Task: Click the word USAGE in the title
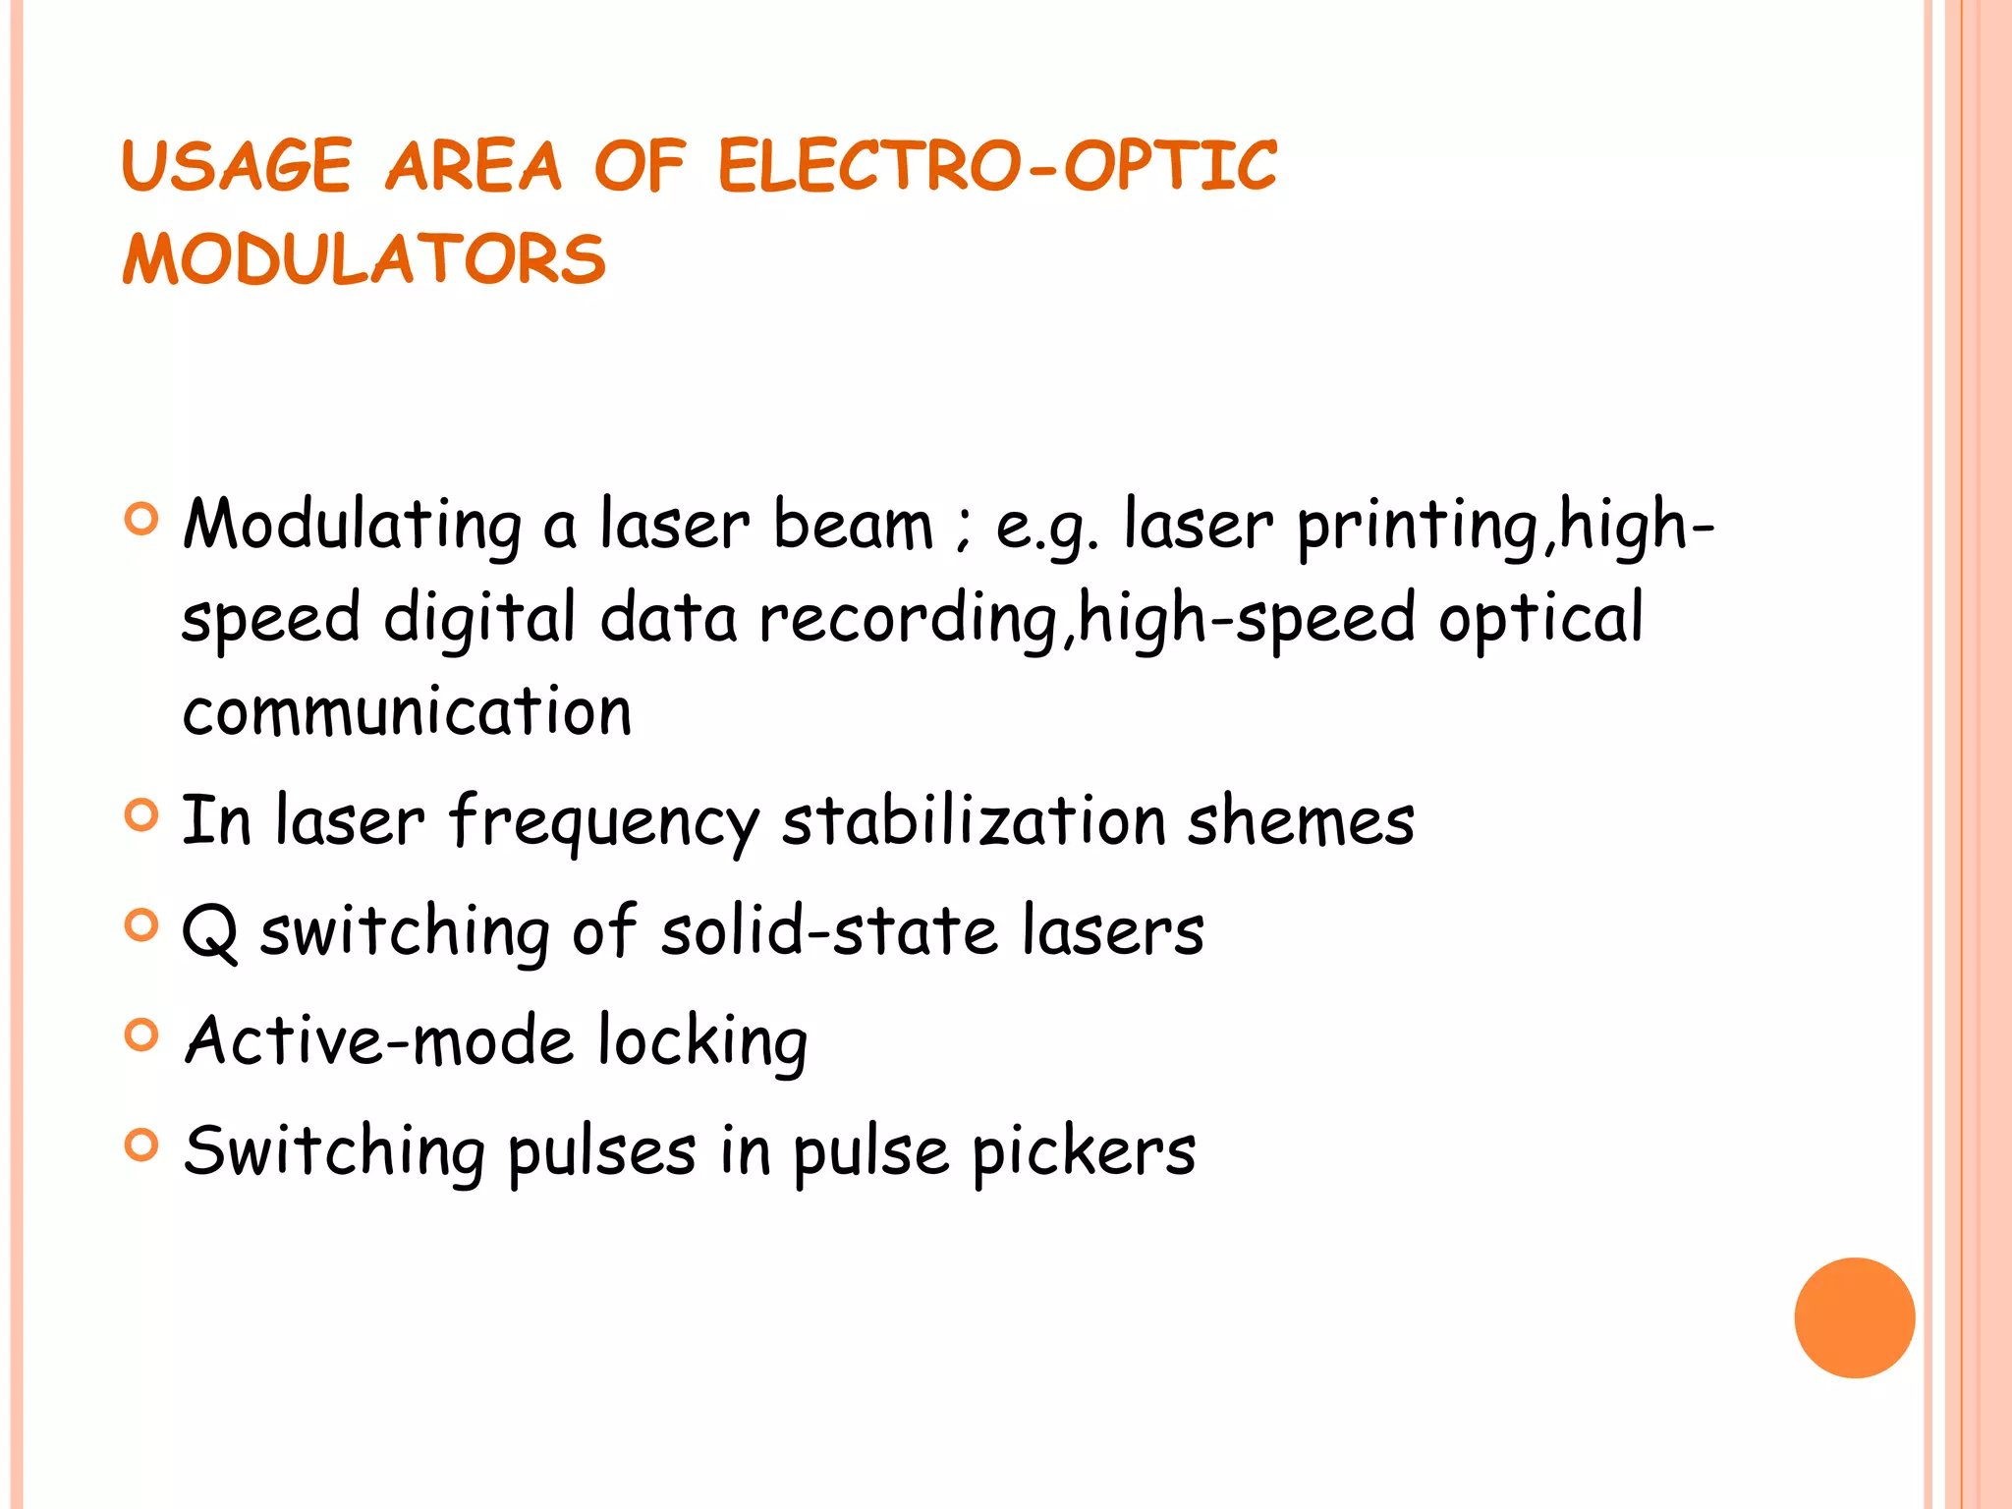237,166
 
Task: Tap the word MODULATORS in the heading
364,260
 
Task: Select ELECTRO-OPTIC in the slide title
997,166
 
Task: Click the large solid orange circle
1854,1317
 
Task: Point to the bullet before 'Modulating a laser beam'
142,519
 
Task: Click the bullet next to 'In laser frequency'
142,815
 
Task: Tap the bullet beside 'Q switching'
142,925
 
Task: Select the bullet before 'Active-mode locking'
142,1035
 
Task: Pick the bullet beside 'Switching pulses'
142,1145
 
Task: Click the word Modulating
353,526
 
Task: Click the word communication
407,711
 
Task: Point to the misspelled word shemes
1301,821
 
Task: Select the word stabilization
974,821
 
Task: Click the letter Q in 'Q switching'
210,931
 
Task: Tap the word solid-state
830,931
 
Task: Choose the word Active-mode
379,1040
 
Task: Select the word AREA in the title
474,166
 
